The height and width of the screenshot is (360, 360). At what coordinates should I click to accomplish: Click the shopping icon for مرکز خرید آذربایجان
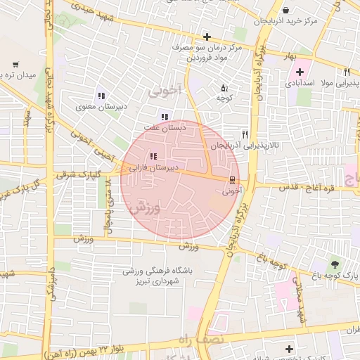(285, 10)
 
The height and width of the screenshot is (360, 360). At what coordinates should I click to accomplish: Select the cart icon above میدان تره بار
(15, 65)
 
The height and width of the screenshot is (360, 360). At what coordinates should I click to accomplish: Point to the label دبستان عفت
(164, 128)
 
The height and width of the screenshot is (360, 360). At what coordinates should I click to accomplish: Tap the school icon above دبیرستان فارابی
(153, 157)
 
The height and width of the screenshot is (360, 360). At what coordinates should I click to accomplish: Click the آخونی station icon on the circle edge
(233, 179)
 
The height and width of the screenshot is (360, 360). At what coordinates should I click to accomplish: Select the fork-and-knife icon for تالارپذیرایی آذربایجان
(245, 134)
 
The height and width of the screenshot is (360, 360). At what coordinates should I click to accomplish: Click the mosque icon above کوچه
(224, 89)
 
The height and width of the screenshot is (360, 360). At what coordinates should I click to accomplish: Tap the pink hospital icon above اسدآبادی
(300, 72)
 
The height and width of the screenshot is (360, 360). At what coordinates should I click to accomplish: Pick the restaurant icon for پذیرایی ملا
(347, 72)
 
